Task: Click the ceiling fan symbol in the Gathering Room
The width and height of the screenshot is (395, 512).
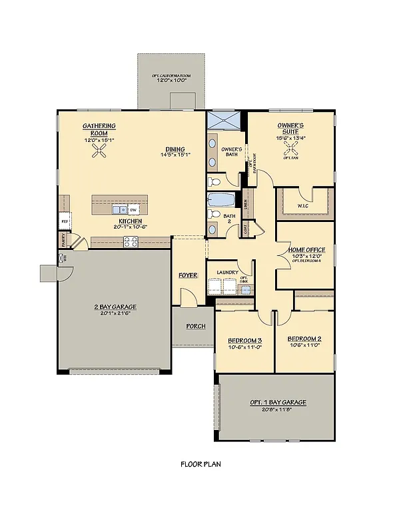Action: tap(100, 153)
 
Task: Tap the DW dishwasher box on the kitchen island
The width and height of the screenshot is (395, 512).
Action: tap(133, 209)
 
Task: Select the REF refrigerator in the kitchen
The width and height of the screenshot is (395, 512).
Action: tap(65, 219)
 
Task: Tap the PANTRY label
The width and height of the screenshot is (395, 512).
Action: tap(64, 239)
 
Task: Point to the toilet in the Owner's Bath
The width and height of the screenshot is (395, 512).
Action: tap(214, 181)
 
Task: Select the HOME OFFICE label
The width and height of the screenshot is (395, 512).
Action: tap(306, 249)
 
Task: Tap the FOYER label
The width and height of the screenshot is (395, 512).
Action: tap(187, 275)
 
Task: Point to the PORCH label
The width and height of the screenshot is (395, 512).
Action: tap(196, 326)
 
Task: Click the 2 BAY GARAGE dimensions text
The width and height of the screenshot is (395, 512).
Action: tap(115, 313)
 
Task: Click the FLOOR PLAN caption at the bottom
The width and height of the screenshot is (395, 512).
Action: tap(200, 464)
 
